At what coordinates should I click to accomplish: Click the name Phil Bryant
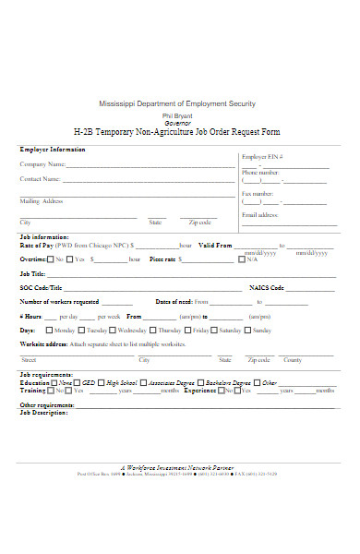point(179,114)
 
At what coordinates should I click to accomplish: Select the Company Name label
point(41,164)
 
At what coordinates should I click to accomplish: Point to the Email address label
point(259,214)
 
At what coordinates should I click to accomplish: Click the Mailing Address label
point(42,200)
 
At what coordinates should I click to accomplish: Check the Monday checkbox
point(49,330)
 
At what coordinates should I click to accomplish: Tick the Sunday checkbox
point(246,330)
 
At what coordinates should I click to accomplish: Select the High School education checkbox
point(102,382)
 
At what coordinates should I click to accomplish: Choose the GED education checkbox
point(78,382)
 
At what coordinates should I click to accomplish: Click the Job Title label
point(32,274)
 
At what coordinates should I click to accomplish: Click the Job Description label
point(43,412)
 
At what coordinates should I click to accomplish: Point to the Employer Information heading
point(53,149)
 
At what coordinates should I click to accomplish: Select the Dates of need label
point(174,302)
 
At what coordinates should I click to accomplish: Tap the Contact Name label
point(41,179)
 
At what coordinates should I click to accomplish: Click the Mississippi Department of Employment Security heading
point(177,103)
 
